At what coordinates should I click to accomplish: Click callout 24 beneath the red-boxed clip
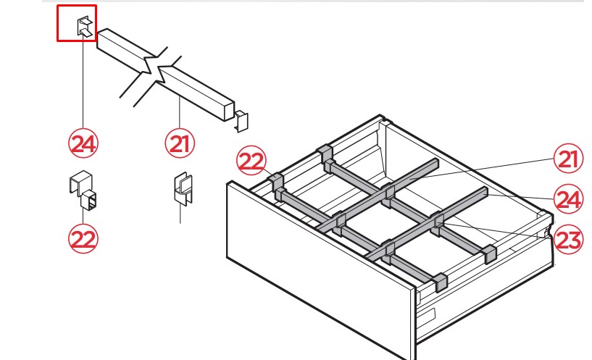click(83, 143)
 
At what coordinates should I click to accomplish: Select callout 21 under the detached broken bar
click(180, 143)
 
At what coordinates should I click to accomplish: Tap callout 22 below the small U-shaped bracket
click(83, 239)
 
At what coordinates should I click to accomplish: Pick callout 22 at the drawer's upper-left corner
click(251, 161)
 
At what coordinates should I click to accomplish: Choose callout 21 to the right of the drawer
click(568, 159)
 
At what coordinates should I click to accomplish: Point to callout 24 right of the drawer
click(568, 199)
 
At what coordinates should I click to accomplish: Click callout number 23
click(568, 240)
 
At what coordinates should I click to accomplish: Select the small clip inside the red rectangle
click(85, 27)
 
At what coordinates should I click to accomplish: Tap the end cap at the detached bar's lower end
click(241, 121)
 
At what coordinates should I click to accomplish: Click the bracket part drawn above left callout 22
click(83, 191)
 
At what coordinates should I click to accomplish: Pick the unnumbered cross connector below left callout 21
click(183, 188)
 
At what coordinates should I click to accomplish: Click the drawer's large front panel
click(321, 264)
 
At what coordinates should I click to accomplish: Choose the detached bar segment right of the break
click(196, 93)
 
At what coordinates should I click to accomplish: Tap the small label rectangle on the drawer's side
click(428, 314)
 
